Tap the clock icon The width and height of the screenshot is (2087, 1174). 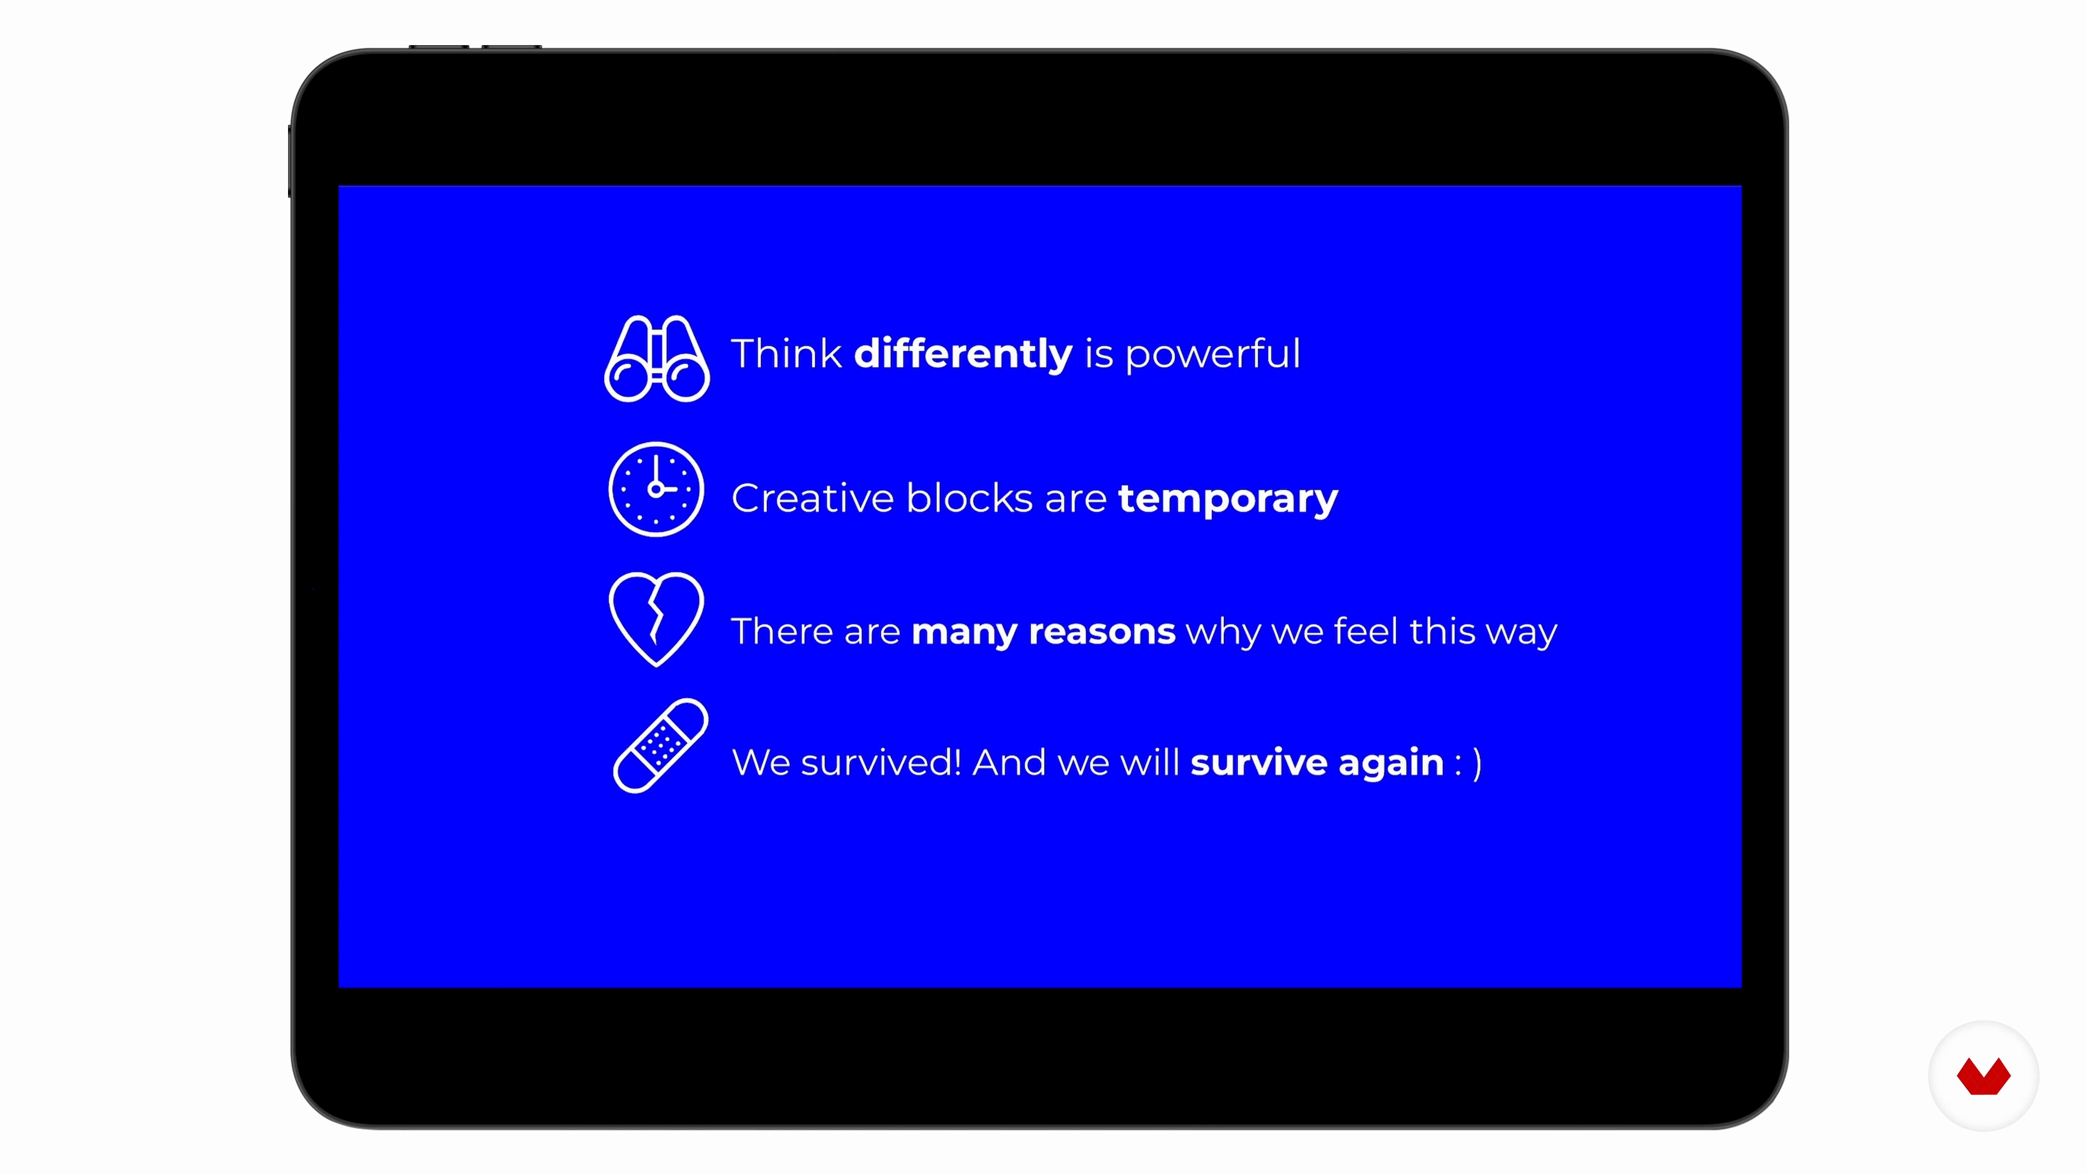pyautogui.click(x=656, y=489)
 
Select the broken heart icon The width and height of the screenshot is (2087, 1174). pyautogui.click(x=656, y=620)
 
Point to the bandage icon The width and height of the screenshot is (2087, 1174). pyautogui.click(x=661, y=745)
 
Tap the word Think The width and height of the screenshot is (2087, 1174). pyautogui.click(x=786, y=353)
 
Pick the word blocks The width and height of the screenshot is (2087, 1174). pyautogui.click(x=970, y=497)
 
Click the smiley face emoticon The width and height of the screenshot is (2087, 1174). pyautogui.click(x=1469, y=763)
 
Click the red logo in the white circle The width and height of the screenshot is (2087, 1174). pyautogui.click(x=1983, y=1076)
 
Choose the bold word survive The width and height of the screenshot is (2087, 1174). pyautogui.click(x=1259, y=763)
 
